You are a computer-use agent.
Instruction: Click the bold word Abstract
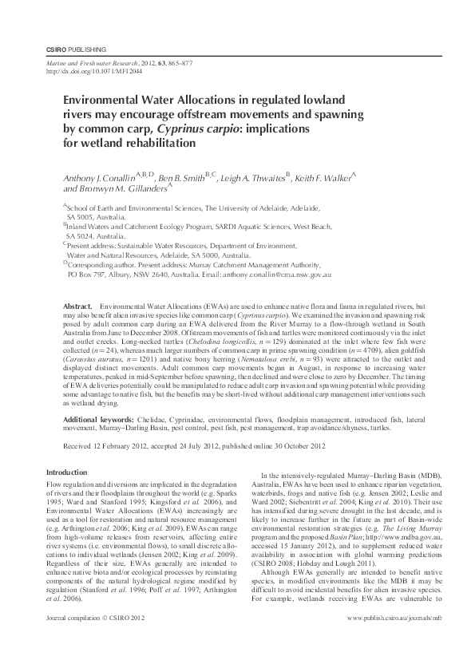tap(78, 306)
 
